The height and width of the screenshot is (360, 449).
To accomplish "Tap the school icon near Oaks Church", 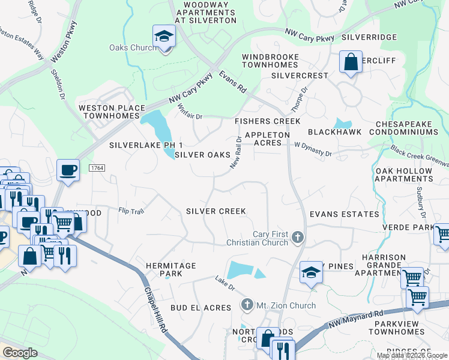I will pos(163,37).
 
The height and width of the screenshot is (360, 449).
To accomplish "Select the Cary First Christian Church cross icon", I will pos(297,238).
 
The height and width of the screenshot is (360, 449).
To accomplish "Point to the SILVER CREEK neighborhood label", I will pos(215,211).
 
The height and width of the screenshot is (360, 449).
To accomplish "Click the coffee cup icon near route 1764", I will pos(68,170).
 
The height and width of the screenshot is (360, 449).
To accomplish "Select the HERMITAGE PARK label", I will pos(171,269).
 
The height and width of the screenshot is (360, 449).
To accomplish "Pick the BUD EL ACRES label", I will pos(200,308).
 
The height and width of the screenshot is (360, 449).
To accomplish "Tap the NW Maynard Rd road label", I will pos(356,320).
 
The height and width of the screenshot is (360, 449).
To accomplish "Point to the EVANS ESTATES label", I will pos(344,214).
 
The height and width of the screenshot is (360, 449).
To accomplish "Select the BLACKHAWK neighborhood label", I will pos(331,131).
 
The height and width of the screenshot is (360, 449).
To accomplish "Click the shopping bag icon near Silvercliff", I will pos(351,62).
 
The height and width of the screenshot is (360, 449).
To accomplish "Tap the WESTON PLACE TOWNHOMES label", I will pos(112,112).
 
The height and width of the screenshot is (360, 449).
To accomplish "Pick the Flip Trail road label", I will pos(131,211).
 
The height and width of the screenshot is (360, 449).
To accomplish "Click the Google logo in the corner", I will pos(20,353).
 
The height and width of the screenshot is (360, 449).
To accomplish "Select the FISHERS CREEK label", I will pos(267,121).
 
